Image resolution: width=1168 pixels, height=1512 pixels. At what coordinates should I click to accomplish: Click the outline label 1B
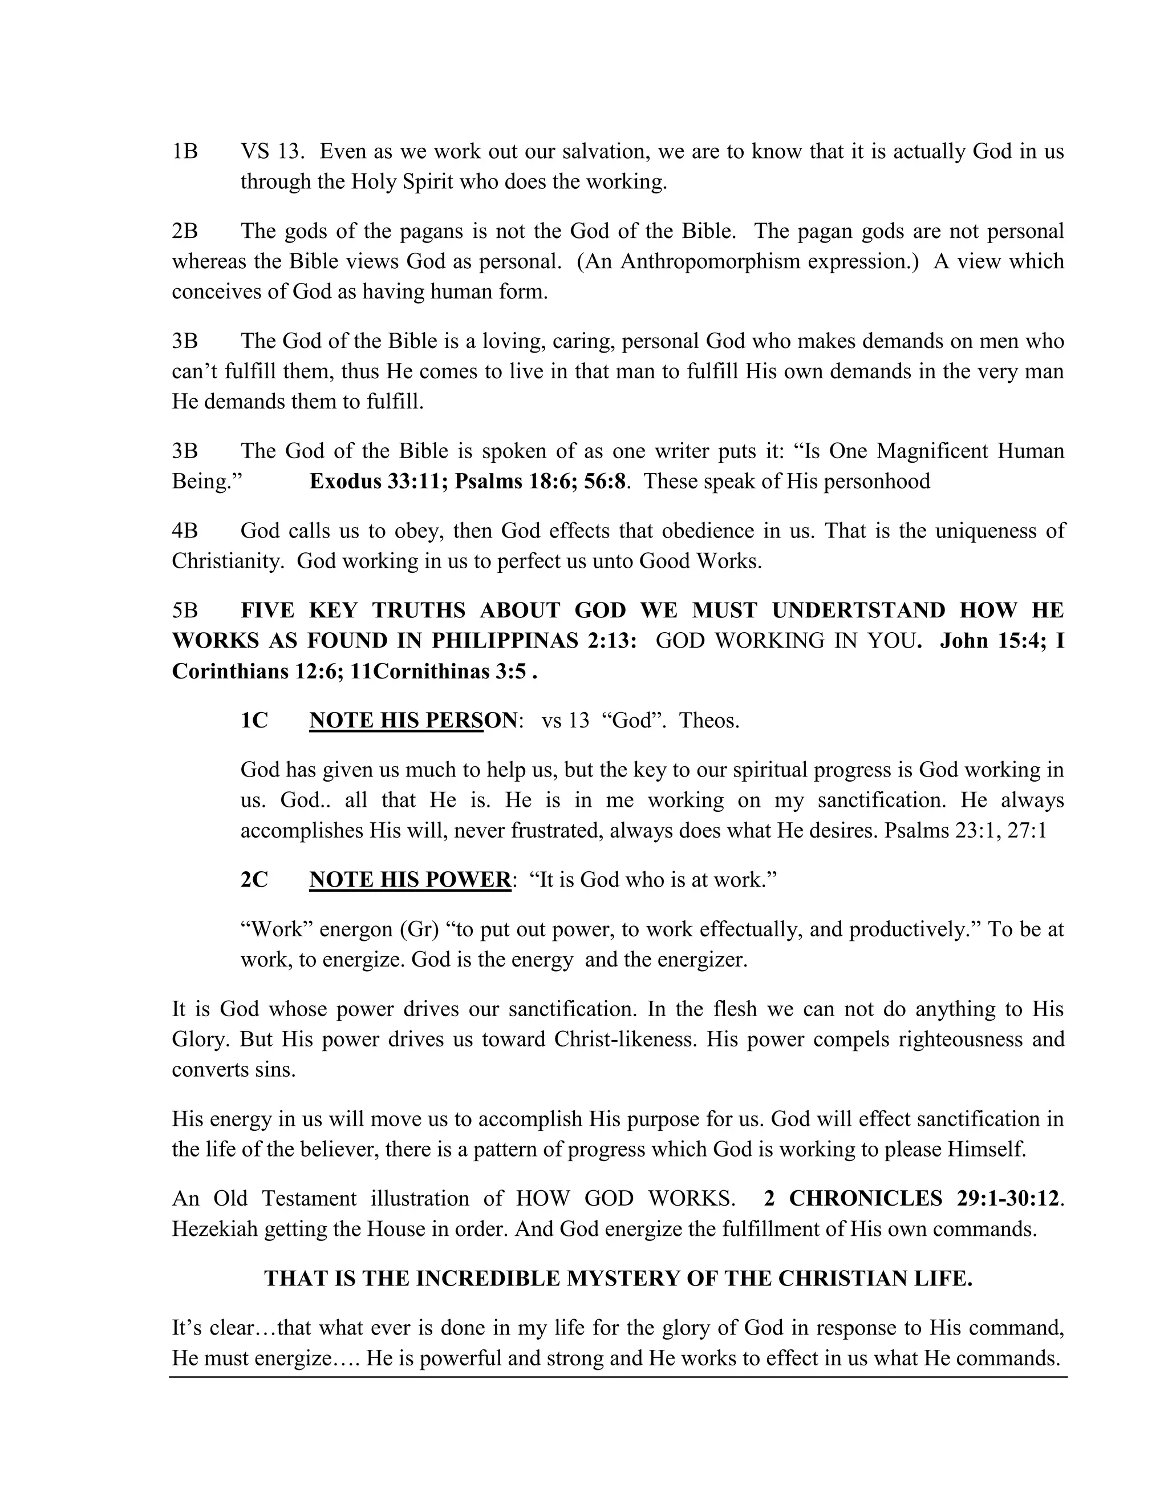(185, 152)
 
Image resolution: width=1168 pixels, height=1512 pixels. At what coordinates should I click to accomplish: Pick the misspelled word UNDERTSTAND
(858, 611)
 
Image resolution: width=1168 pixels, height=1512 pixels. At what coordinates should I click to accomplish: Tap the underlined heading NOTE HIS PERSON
(413, 721)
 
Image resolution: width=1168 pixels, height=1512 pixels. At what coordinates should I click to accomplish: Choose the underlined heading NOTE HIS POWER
(409, 880)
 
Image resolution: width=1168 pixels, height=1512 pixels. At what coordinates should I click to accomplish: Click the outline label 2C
(254, 880)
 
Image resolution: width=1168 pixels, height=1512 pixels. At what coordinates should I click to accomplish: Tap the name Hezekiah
(214, 1230)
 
